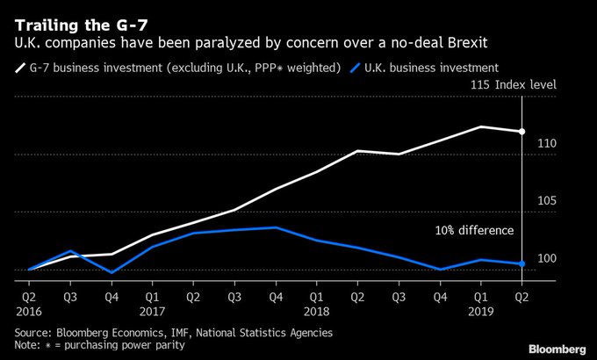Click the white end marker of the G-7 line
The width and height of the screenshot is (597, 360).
[x=522, y=132]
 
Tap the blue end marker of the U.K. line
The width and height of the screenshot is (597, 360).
[x=522, y=263]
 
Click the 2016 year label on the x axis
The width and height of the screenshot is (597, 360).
[x=29, y=311]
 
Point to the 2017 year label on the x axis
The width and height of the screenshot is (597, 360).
[x=152, y=311]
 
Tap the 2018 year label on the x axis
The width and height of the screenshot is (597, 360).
[x=317, y=311]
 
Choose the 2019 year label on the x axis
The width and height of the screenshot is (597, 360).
[x=481, y=311]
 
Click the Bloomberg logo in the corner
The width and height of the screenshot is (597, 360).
[x=557, y=348]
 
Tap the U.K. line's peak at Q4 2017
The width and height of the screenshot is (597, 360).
[x=276, y=227]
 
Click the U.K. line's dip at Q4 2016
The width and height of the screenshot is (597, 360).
[x=111, y=272]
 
